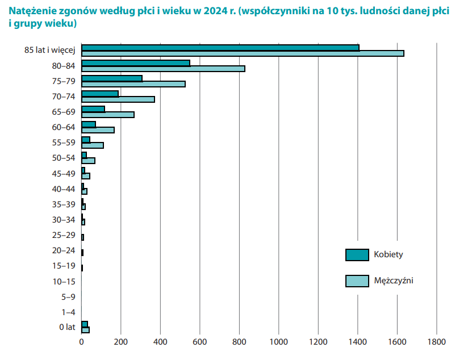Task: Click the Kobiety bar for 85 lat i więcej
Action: (220, 48)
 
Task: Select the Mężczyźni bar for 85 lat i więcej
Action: (243, 53)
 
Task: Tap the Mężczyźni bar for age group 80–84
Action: (163, 69)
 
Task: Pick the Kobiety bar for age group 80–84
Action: (136, 63)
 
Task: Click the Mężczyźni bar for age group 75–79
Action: (133, 84)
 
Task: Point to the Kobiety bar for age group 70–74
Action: (100, 94)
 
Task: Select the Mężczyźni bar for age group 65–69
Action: (108, 115)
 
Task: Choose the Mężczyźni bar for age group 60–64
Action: (98, 130)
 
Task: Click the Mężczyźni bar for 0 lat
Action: (86, 330)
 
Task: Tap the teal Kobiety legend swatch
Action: (357, 255)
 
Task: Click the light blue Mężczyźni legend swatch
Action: (357, 281)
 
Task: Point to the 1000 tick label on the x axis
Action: (278, 342)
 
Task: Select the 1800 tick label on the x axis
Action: (436, 342)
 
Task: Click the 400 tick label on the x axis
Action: (160, 342)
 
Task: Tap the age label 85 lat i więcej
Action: (50, 51)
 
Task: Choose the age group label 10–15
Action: (64, 281)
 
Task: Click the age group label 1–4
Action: (68, 312)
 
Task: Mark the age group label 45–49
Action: (64, 173)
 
